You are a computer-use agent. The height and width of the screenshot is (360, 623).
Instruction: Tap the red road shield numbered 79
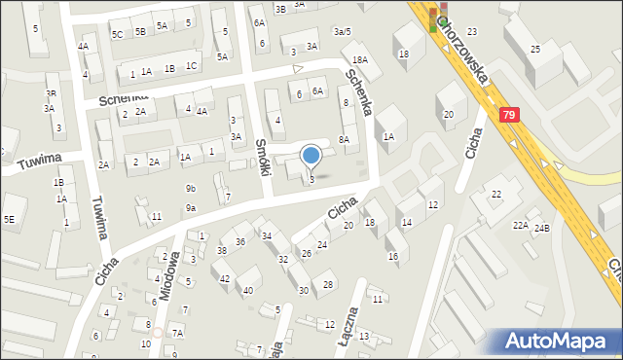509,115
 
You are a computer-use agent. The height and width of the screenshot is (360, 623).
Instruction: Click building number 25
534,49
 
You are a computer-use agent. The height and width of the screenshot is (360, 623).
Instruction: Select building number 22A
521,225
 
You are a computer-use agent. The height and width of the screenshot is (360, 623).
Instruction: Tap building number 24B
541,228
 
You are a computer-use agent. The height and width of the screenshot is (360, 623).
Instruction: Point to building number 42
225,278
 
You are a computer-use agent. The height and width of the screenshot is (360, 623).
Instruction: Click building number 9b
191,189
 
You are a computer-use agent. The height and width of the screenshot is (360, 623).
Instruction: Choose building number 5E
9,219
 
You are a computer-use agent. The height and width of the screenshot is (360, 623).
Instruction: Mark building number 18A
359,60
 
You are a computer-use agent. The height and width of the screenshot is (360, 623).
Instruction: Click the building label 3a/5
341,31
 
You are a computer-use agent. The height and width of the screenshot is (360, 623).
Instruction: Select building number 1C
192,66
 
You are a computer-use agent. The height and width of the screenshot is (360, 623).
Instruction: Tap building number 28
328,284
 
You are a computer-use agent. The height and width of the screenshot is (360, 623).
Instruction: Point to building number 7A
177,333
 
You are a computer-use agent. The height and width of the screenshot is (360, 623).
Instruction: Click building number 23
471,32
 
